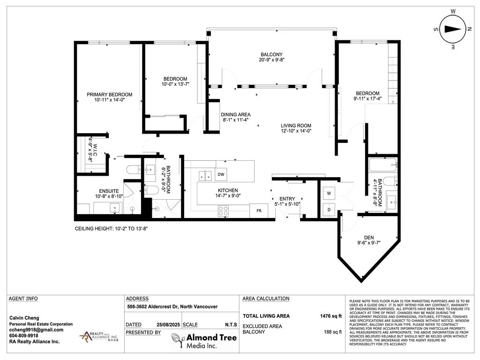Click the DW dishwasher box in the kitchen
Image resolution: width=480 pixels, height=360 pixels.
pos(221,174)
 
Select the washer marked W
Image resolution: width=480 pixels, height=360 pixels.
pos(328,193)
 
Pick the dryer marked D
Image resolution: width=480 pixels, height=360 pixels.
pos(328,210)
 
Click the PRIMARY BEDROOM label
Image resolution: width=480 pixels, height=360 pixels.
pos(109,94)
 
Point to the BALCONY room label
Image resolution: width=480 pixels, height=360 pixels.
pos(271,54)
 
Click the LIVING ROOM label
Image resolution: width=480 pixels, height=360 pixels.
pos(296,126)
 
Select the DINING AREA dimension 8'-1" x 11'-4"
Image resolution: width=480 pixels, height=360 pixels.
pos(236,120)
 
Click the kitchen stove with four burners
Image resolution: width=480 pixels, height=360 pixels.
pos(224,211)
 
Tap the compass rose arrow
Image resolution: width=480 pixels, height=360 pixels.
pos(452,29)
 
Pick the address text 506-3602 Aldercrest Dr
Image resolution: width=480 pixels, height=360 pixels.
pos(172,307)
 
